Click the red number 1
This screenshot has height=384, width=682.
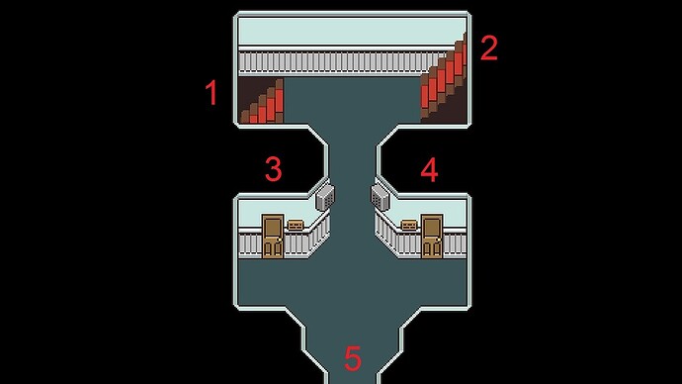click(211, 94)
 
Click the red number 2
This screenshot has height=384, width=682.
click(488, 48)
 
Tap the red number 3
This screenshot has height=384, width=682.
click(274, 169)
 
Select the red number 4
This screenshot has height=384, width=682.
click(429, 170)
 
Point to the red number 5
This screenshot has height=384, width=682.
click(352, 358)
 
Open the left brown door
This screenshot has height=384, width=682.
click(273, 237)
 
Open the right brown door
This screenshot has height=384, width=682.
click(431, 237)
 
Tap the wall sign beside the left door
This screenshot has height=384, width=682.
click(295, 225)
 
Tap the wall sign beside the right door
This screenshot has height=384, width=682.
click(408, 225)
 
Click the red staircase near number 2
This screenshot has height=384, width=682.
click(444, 79)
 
